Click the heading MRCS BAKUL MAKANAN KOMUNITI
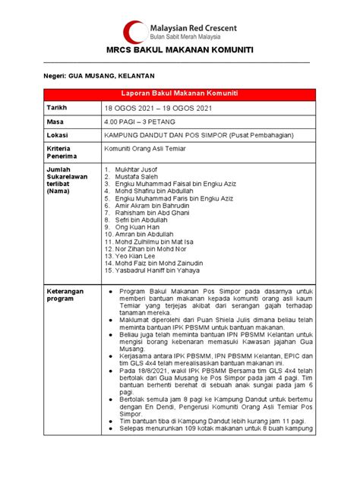(x=179, y=51)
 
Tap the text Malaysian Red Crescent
(x=193, y=27)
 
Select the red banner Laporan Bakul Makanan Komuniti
(x=179, y=93)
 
